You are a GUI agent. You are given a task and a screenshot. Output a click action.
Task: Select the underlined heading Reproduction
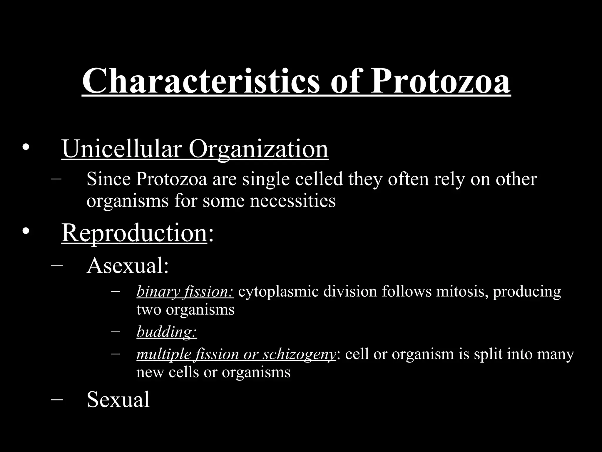[134, 233]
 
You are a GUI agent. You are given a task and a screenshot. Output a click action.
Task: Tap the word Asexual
[128, 265]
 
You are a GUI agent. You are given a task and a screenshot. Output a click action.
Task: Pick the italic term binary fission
[185, 292]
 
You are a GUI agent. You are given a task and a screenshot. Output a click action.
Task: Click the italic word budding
[166, 332]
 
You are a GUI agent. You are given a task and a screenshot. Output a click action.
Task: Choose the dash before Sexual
[57, 399]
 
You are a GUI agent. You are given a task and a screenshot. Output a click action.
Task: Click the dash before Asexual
[57, 265]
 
